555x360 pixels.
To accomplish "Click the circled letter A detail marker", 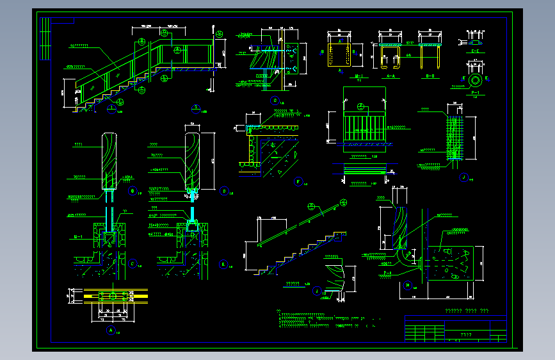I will click(110, 331).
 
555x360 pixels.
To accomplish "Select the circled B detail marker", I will click(133, 190).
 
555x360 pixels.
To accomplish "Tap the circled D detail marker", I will click(224, 190).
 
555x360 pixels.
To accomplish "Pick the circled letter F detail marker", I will click(298, 182).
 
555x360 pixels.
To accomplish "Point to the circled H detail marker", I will click(408, 285).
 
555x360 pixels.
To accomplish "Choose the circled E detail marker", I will click(223, 264).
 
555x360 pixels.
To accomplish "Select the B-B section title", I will click(430, 76).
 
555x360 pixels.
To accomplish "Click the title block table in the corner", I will click(455, 330).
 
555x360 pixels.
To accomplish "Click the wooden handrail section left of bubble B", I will click(109, 160).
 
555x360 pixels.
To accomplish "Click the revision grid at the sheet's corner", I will click(45, 38).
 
